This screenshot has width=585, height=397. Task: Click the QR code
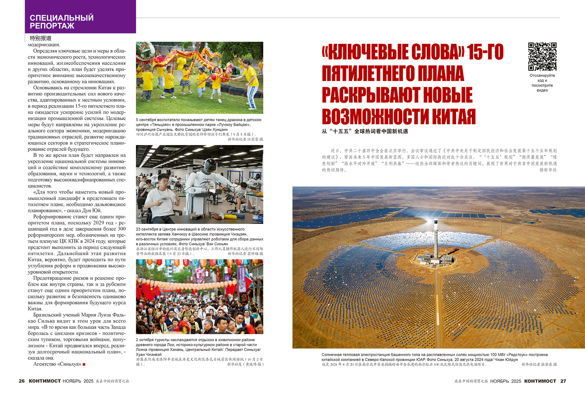coord(542,56)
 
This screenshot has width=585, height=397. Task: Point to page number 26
coord(22,381)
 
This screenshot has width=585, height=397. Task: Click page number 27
coord(563,381)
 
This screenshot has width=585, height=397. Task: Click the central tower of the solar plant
coord(436,235)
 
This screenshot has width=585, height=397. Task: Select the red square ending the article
coord(84,364)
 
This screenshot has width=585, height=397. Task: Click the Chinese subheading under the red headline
coord(365,131)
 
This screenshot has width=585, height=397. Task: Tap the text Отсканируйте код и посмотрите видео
coord(542,83)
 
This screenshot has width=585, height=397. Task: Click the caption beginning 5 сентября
coord(198,125)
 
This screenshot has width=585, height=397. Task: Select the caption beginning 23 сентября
coord(199,236)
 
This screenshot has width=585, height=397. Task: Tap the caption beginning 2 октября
coord(198,347)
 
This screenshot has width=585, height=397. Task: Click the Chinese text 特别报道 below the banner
coord(41,38)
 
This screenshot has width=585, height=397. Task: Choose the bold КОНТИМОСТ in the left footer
coord(45,381)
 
